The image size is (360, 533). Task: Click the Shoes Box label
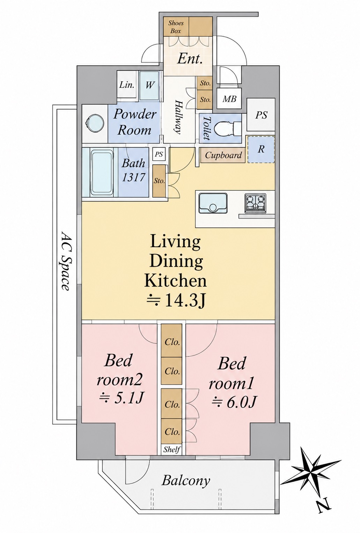(x=176, y=27)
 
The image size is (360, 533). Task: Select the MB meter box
(x=229, y=99)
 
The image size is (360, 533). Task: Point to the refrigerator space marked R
(x=261, y=149)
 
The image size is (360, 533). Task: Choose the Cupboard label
(x=223, y=155)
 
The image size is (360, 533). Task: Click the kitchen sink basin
(x=213, y=203)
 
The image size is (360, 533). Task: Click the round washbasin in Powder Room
(x=95, y=124)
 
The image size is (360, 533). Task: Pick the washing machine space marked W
(x=149, y=85)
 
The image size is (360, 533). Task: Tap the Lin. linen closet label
(x=126, y=85)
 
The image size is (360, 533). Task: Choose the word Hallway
(x=178, y=118)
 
